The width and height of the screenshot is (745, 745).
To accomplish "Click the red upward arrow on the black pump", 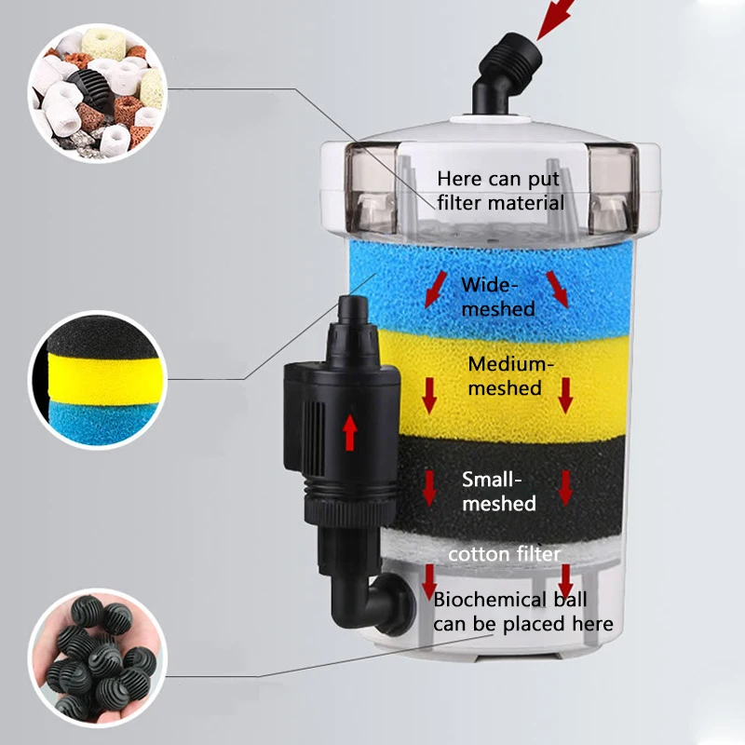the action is click(350, 432).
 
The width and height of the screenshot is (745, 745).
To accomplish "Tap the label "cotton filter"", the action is click(504, 555).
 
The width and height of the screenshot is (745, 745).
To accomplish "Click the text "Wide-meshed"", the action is click(498, 295).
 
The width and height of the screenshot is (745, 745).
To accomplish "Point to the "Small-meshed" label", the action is click(499, 492).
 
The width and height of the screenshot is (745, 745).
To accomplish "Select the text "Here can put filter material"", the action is click(501, 190).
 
